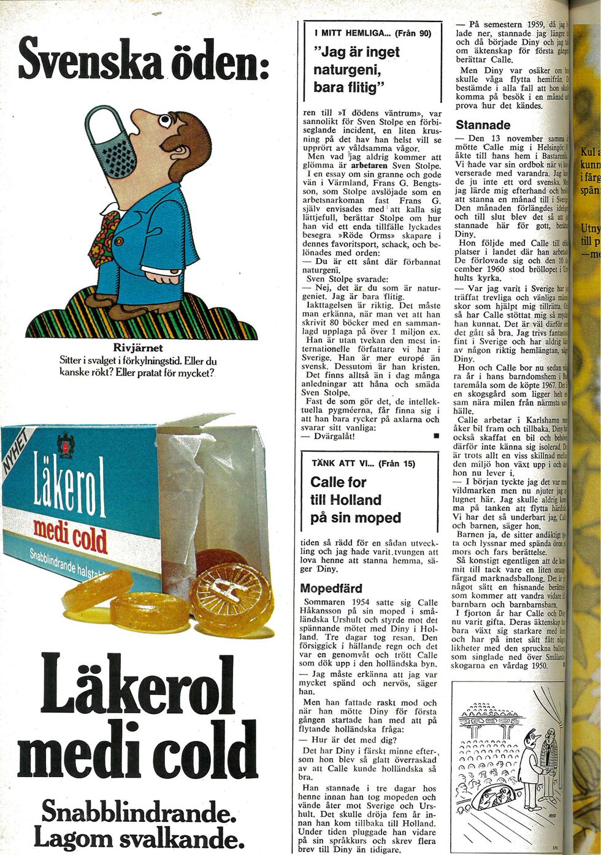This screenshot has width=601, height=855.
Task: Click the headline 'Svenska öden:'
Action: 142,61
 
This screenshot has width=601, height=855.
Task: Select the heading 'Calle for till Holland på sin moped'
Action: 356,500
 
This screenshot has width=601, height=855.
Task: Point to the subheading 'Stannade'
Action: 483,125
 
